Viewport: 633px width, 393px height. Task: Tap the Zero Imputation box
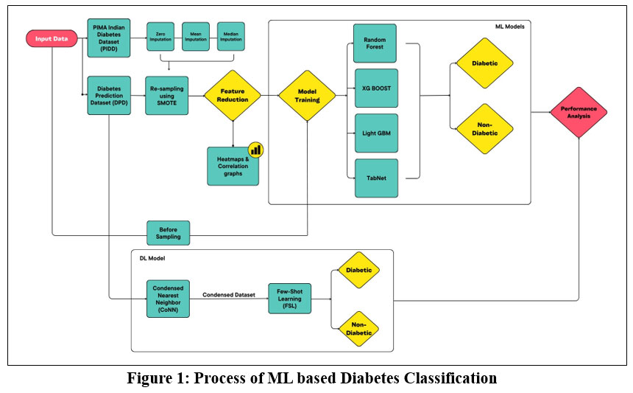tap(161, 36)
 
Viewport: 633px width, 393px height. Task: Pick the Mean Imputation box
tap(196, 36)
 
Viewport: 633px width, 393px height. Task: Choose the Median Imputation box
tap(230, 36)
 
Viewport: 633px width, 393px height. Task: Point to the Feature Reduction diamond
tap(233, 94)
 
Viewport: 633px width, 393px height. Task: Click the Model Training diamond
tap(307, 95)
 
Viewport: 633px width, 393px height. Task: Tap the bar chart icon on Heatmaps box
tap(255, 149)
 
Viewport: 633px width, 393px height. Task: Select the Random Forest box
tap(375, 43)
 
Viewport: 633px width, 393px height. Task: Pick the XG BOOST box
tap(375, 88)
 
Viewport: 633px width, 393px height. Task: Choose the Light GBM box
tap(375, 133)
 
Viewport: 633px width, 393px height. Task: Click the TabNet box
tap(375, 178)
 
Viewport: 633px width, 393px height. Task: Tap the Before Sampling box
tap(169, 233)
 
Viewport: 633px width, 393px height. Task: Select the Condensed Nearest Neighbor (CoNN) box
tap(169, 297)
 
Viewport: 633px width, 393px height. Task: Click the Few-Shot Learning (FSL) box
tap(289, 297)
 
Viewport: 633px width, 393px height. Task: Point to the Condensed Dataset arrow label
tap(228, 294)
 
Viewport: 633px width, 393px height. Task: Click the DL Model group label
tap(152, 260)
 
